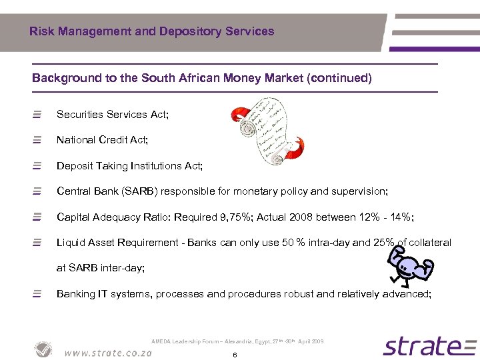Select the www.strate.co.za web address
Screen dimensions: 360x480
click(x=109, y=353)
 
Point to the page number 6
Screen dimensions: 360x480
click(x=235, y=355)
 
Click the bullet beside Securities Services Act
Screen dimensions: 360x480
click(x=37, y=115)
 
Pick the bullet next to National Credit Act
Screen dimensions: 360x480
click(x=37, y=140)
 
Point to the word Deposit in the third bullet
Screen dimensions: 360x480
click(x=75, y=165)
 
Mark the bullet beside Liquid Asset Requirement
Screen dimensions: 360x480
click(x=37, y=243)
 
